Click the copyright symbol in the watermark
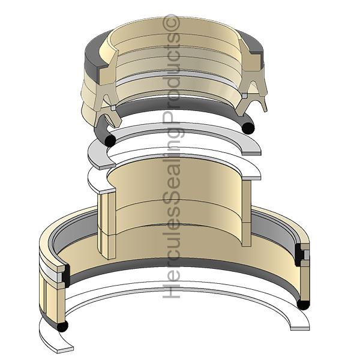[x=172, y=23]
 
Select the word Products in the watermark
[x=172, y=78]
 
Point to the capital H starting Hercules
[x=172, y=292]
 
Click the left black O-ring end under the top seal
[x=109, y=139]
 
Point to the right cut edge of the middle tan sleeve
[x=246, y=213]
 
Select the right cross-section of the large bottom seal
[x=302, y=264]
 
